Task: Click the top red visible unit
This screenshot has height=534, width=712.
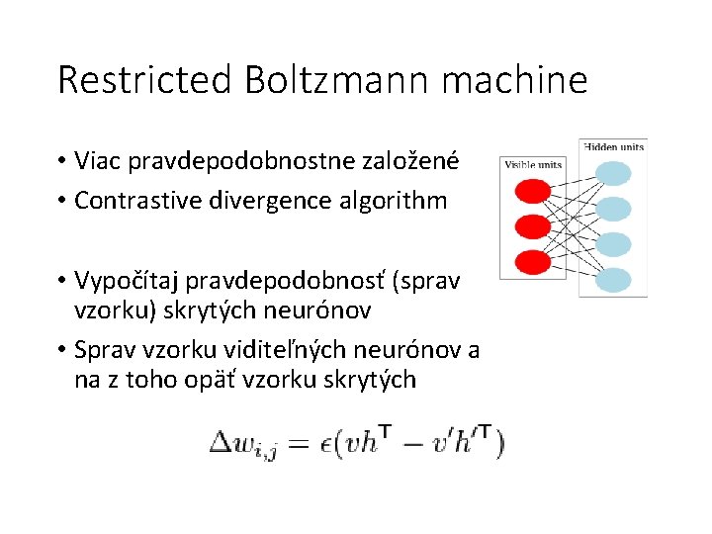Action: pos(534,189)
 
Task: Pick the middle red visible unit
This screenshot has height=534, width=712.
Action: pos(534,225)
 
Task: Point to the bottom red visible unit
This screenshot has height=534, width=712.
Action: pos(534,261)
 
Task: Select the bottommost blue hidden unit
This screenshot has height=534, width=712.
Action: pos(614,280)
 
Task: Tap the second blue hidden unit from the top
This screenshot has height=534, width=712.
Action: pos(614,209)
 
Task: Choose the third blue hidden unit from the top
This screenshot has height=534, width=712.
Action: pos(614,243)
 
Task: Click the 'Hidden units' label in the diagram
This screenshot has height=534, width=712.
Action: pos(614,147)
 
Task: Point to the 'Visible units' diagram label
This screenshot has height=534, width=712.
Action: pos(533,165)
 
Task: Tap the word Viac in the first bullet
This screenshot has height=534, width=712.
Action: pos(96,159)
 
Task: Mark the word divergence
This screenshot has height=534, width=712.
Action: pos(264,201)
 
